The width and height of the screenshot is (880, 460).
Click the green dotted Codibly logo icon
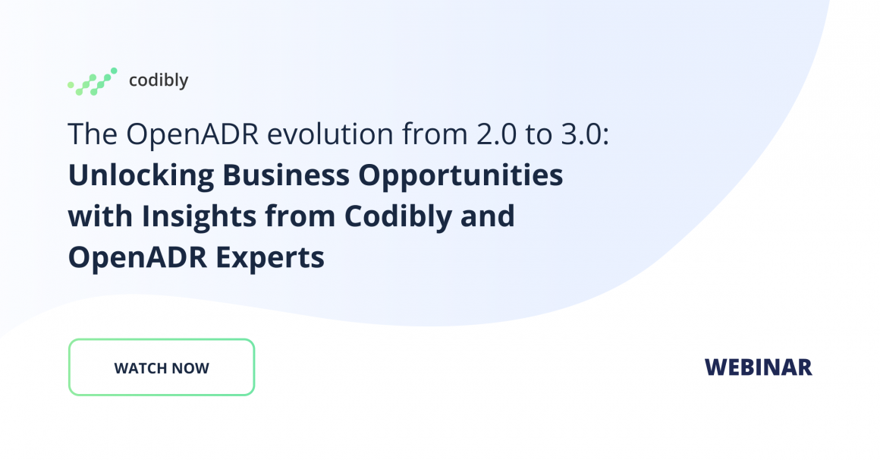tap(93, 81)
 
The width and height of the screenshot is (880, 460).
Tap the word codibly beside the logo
tap(159, 80)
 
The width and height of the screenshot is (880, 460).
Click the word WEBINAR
tap(758, 367)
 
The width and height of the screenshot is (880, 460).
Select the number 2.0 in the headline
tap(496, 134)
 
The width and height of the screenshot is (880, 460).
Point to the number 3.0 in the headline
tap(581, 134)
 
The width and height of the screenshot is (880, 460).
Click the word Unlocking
tap(141, 175)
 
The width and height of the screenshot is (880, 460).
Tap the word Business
tap(286, 175)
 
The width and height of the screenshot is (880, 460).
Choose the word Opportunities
tap(460, 176)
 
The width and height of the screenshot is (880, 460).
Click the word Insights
tap(200, 217)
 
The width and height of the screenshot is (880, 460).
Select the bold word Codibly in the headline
tap(398, 217)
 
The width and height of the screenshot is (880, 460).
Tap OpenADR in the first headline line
tap(192, 135)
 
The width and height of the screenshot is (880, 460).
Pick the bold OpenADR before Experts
tap(137, 258)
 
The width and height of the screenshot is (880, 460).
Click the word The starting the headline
tap(93, 134)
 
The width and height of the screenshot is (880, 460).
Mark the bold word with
tap(100, 216)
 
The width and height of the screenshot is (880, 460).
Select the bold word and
tap(487, 216)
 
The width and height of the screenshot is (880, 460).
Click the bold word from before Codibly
tap(300, 216)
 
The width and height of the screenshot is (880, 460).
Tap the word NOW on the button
tap(190, 368)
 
